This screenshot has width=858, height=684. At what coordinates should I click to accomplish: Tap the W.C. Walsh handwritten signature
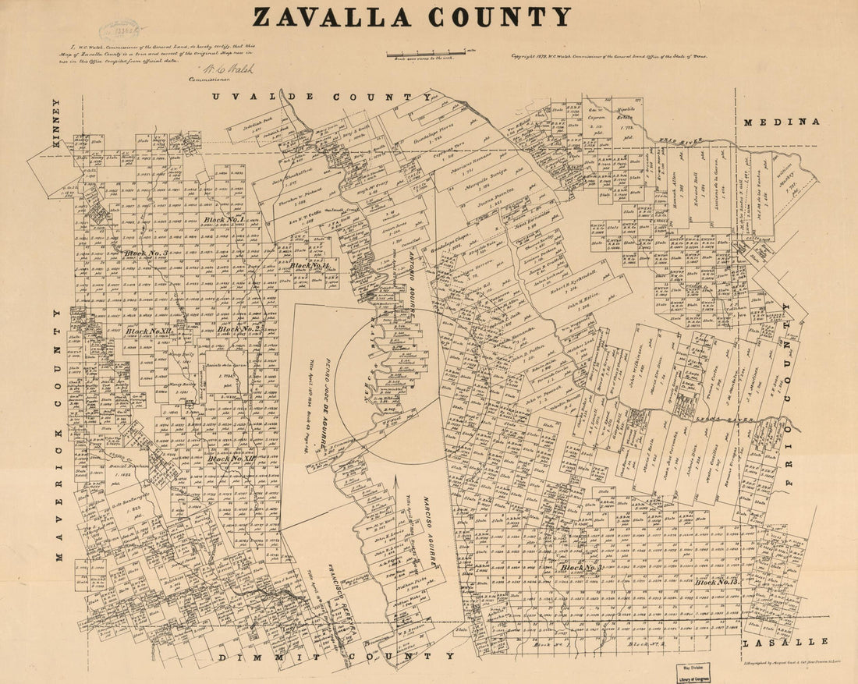click(x=226, y=69)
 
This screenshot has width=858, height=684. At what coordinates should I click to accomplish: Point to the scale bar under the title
click(x=430, y=54)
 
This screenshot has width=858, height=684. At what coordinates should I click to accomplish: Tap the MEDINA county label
click(x=781, y=122)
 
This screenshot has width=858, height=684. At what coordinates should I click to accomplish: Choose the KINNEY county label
click(x=55, y=121)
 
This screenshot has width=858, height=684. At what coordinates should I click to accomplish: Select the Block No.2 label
click(x=239, y=329)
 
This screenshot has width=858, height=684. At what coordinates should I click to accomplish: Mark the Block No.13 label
click(x=717, y=582)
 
